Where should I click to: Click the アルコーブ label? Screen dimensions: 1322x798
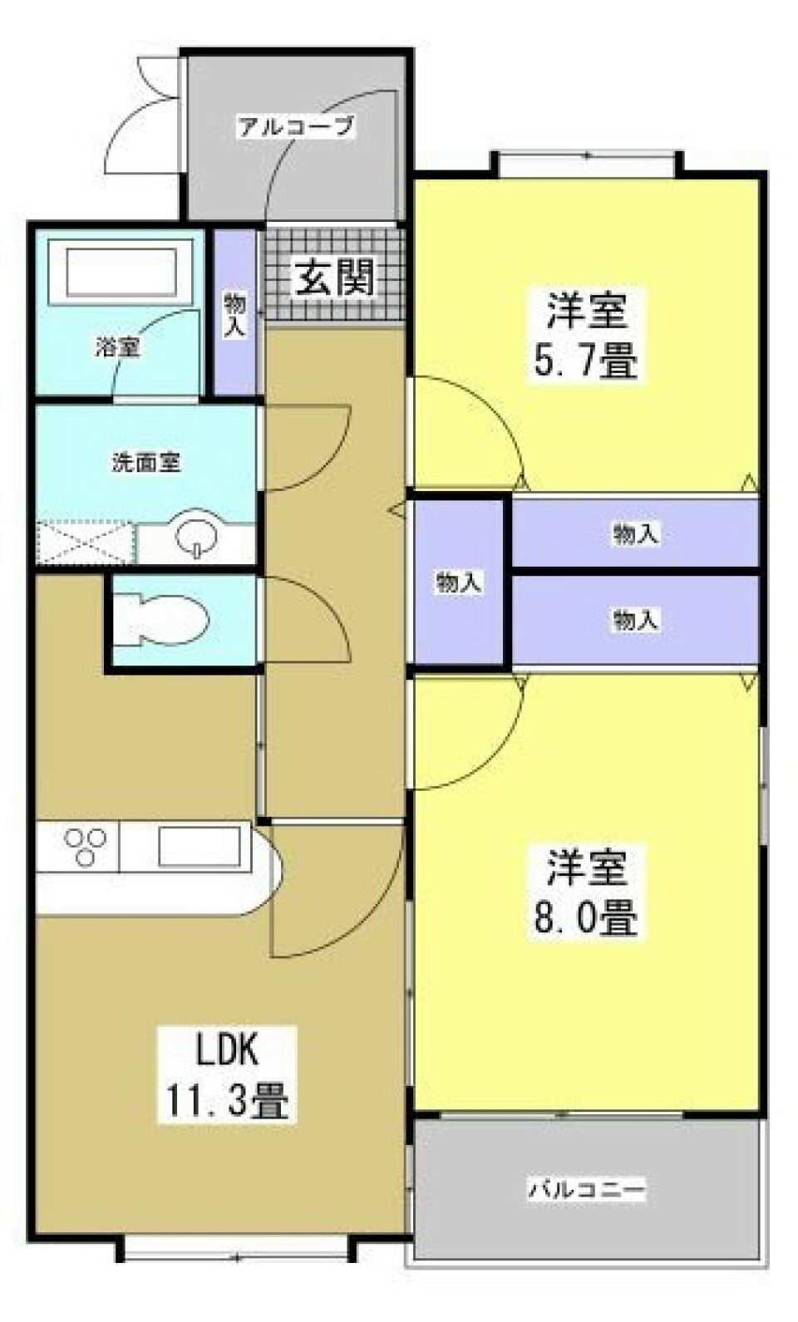(296, 127)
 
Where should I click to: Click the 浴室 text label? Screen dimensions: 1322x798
(116, 347)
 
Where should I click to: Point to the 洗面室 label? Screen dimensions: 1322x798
(146, 463)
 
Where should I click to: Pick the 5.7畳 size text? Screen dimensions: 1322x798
(585, 363)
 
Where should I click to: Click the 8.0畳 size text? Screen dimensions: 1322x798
(585, 918)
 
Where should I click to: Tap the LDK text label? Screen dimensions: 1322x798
(228, 1050)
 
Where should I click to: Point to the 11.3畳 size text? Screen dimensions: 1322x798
(228, 1103)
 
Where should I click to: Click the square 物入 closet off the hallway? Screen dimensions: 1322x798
(459, 582)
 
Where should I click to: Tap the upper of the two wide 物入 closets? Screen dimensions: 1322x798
(636, 533)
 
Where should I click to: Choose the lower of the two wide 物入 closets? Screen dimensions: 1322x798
(636, 619)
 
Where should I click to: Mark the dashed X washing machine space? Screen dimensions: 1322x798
(85, 543)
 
